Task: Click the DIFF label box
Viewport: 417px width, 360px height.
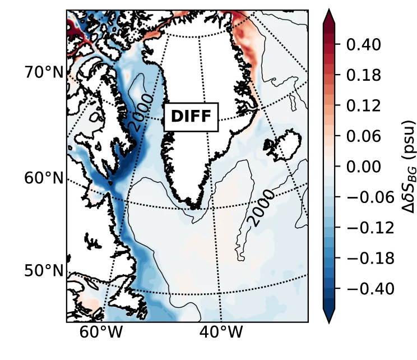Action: coord(191,117)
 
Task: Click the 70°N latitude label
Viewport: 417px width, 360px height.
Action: coord(43,72)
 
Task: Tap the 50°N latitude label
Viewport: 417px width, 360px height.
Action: coord(43,271)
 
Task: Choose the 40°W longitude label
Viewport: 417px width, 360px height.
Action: coord(222,333)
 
